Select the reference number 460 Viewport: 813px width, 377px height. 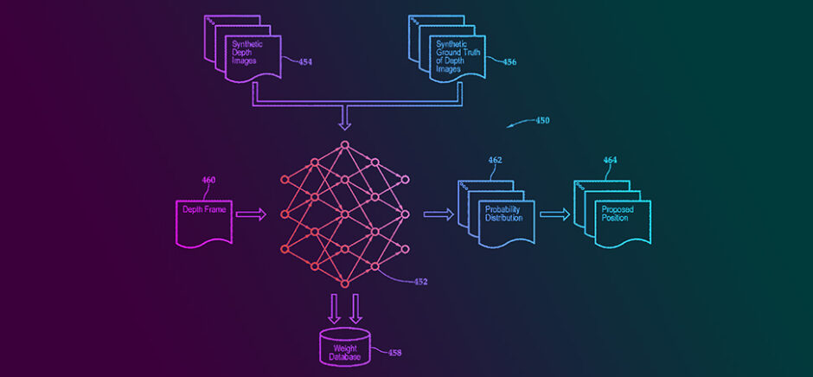[x=208, y=180]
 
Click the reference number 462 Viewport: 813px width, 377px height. [x=495, y=160]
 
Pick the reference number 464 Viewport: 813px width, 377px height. [x=610, y=160]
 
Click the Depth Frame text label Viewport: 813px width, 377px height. [x=203, y=210]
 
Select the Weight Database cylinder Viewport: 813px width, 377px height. [x=344, y=345]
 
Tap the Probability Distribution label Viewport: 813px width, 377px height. [x=503, y=214]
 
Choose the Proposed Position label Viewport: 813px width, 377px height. [x=617, y=214]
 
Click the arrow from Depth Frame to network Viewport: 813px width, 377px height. [x=251, y=214]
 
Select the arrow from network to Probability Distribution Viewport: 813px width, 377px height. [x=438, y=214]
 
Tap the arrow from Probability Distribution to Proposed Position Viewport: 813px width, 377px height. [x=554, y=214]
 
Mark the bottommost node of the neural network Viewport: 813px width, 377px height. [x=343, y=284]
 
